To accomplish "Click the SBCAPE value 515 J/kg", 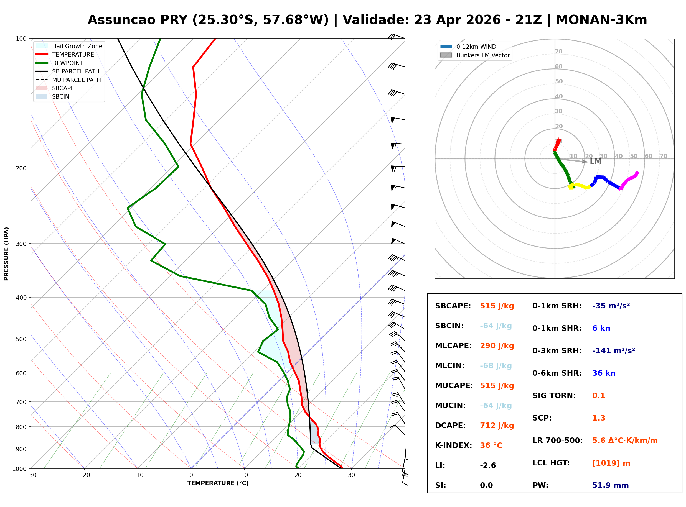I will coord(497,306).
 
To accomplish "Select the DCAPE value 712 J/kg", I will coord(497,426).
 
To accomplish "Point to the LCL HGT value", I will coord(611,463).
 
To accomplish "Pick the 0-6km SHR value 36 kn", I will coord(603,373).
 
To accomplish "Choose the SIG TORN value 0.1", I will coord(598,396).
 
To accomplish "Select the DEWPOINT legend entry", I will coord(68,63).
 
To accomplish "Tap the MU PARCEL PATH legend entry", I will coord(76,80).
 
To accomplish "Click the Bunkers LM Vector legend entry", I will coord(482,55).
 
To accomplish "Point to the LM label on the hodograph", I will coord(595,162).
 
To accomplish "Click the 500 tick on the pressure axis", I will coord(21,339).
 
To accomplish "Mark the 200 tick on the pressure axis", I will coord(21,168).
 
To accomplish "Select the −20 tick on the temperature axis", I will coord(84,475).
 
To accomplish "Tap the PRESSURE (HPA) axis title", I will coord(6,254).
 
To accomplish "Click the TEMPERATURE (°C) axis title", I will coord(218,483).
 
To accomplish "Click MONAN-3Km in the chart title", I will coord(601,20).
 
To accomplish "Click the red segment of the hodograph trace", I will coord(557,145).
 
